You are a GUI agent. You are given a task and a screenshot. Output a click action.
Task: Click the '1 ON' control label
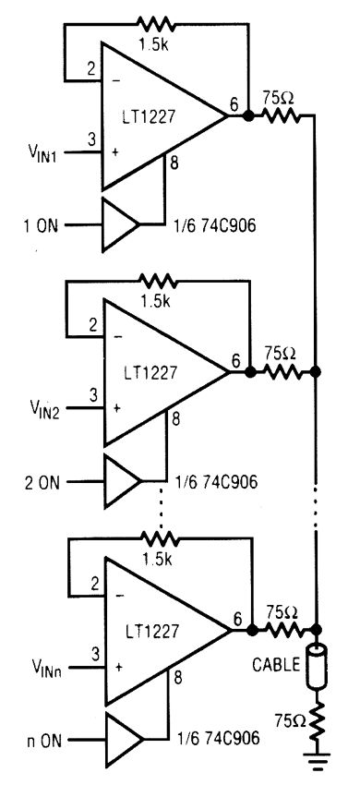(x=42, y=224)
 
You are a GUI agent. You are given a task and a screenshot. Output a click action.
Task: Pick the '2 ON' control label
(x=42, y=481)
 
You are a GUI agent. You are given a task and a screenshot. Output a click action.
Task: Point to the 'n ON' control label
(x=42, y=738)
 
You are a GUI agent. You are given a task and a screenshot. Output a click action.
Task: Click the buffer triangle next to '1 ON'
(x=119, y=224)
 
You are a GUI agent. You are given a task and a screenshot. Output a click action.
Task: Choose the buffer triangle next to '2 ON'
(x=119, y=481)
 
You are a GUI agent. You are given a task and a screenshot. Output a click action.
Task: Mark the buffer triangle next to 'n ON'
(x=121, y=738)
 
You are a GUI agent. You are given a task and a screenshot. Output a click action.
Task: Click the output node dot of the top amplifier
(x=248, y=115)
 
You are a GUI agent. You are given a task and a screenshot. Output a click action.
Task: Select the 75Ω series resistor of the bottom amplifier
(x=282, y=630)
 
